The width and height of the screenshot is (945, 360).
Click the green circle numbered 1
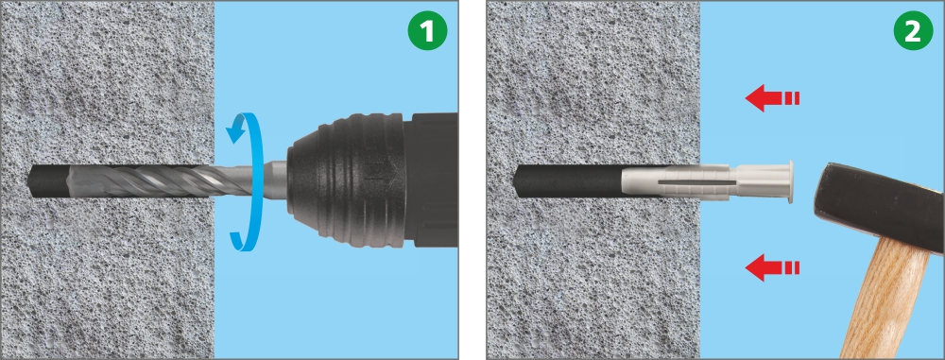click(x=427, y=31)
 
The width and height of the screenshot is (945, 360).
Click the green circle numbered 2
click(x=913, y=31)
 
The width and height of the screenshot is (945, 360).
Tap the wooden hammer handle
click(x=886, y=299)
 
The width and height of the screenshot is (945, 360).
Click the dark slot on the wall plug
click(x=696, y=180)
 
